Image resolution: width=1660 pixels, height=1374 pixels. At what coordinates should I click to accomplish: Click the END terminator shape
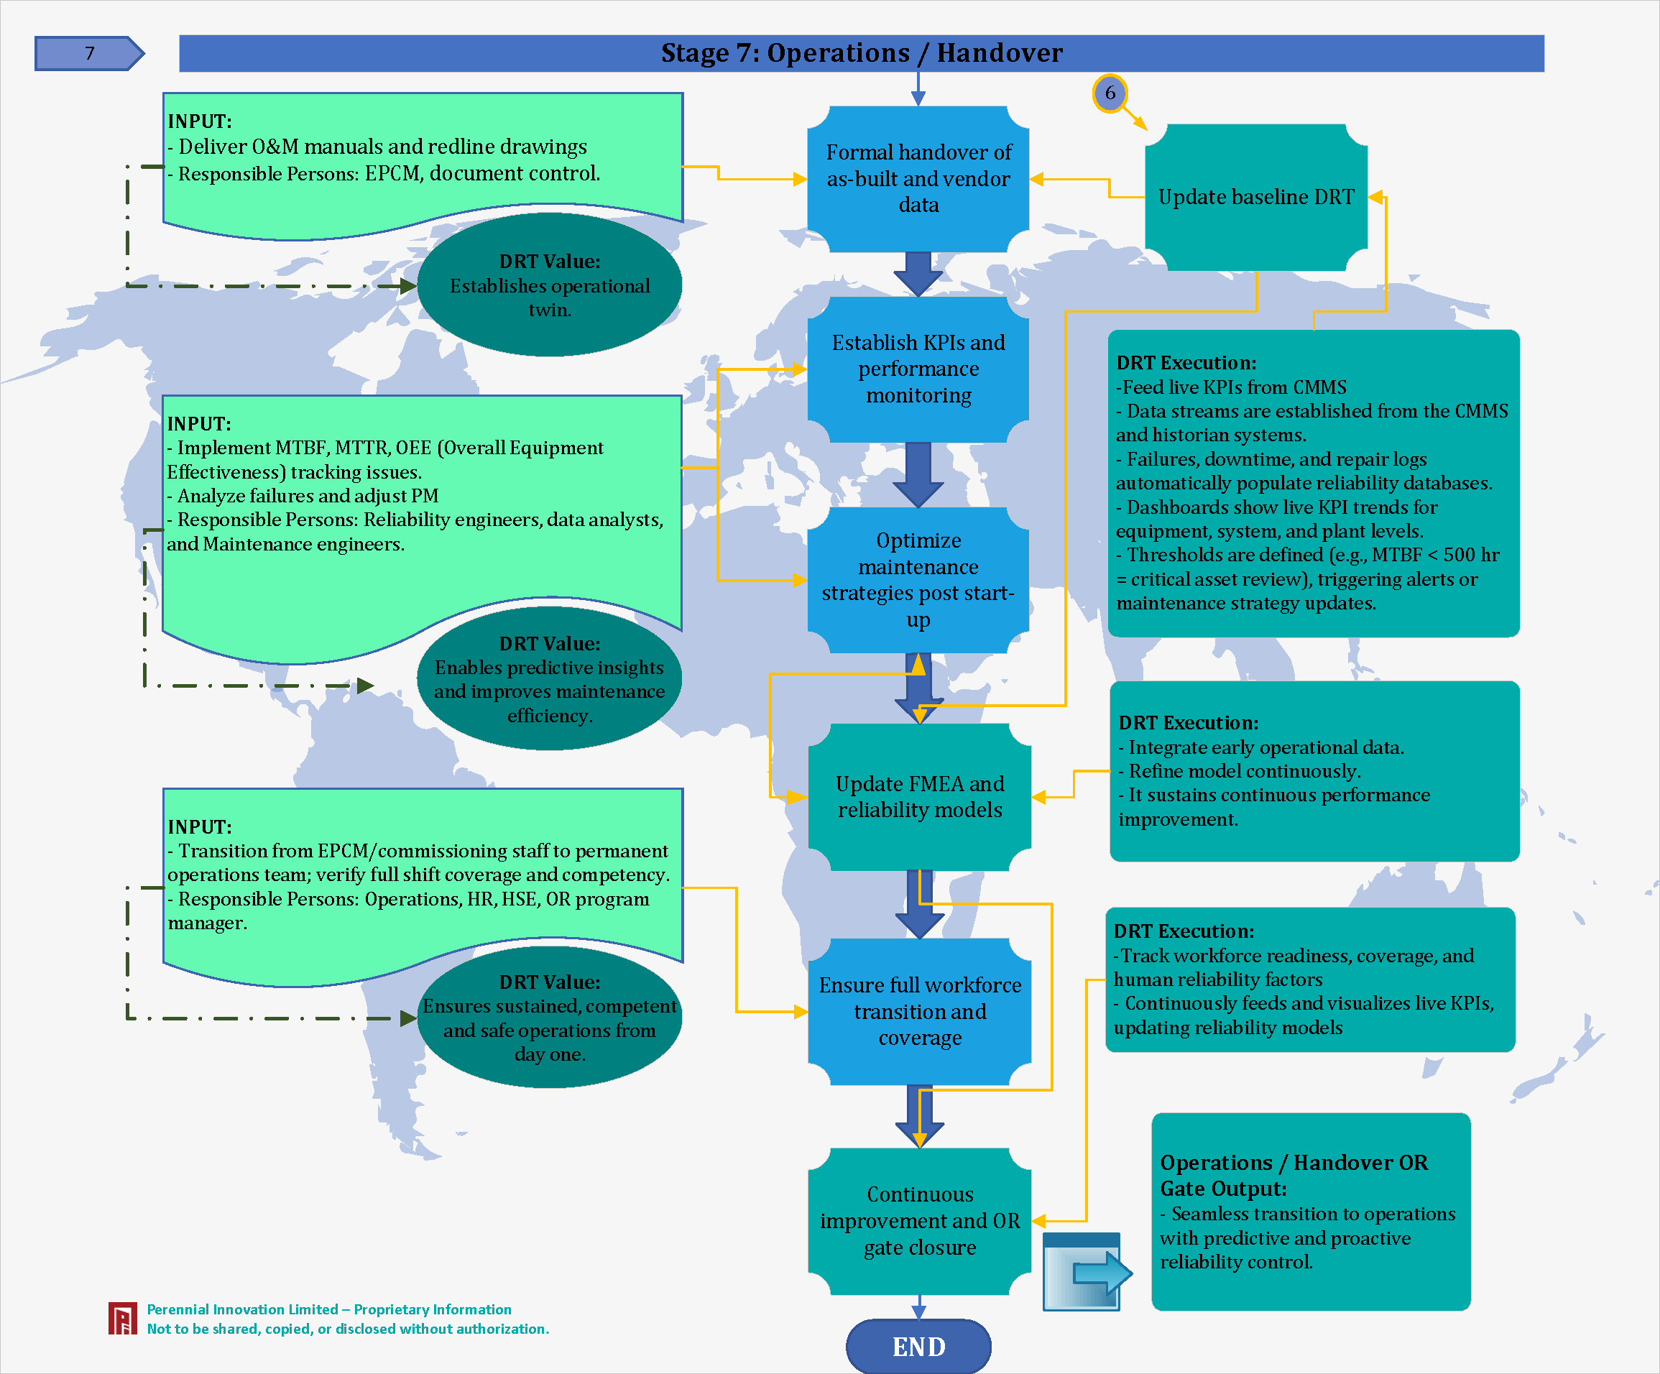point(918,1346)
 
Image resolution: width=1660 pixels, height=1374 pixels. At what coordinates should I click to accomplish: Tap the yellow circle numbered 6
point(1110,93)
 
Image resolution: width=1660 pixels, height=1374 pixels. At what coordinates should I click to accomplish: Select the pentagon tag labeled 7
point(88,53)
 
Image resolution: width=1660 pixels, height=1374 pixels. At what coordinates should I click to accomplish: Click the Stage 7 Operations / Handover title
point(862,53)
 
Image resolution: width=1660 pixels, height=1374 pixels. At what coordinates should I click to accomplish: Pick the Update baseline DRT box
point(1256,197)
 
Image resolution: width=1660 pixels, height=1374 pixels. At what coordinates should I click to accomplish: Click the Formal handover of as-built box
point(918,179)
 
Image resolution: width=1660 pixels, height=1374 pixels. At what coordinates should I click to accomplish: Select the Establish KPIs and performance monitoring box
point(918,369)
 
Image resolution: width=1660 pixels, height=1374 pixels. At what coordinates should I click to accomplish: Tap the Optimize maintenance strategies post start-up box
point(918,579)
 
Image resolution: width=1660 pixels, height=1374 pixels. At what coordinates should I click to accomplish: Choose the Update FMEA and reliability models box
point(919,796)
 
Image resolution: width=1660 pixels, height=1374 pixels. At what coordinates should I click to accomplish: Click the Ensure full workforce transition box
point(919,1011)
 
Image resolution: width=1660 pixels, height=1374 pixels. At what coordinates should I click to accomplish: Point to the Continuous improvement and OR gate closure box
point(919,1221)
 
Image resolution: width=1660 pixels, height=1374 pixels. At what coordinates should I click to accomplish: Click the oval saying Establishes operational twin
point(549,285)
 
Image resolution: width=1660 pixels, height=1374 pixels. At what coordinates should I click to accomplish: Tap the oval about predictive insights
point(549,680)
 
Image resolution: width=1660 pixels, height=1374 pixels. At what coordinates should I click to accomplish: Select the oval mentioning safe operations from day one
point(549,1018)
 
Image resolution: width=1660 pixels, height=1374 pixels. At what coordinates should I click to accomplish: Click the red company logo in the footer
point(122,1318)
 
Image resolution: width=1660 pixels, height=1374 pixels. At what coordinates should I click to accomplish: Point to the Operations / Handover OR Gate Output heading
point(1294,1175)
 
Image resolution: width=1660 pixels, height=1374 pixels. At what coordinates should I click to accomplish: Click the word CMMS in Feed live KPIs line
point(1319,387)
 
